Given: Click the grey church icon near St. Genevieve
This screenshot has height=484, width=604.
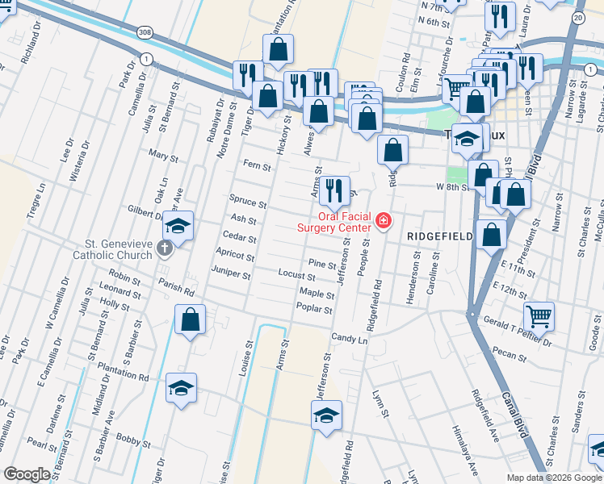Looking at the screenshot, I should click(x=165, y=248).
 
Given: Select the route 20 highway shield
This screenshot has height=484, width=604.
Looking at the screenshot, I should click(x=577, y=17).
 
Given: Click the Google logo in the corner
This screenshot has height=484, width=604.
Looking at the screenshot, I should click(x=27, y=474).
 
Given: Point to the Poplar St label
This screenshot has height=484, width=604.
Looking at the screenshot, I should click(x=316, y=309).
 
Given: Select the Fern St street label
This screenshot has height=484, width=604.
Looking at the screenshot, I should click(x=255, y=167).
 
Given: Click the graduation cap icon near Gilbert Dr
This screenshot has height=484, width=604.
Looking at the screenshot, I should click(x=178, y=225).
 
